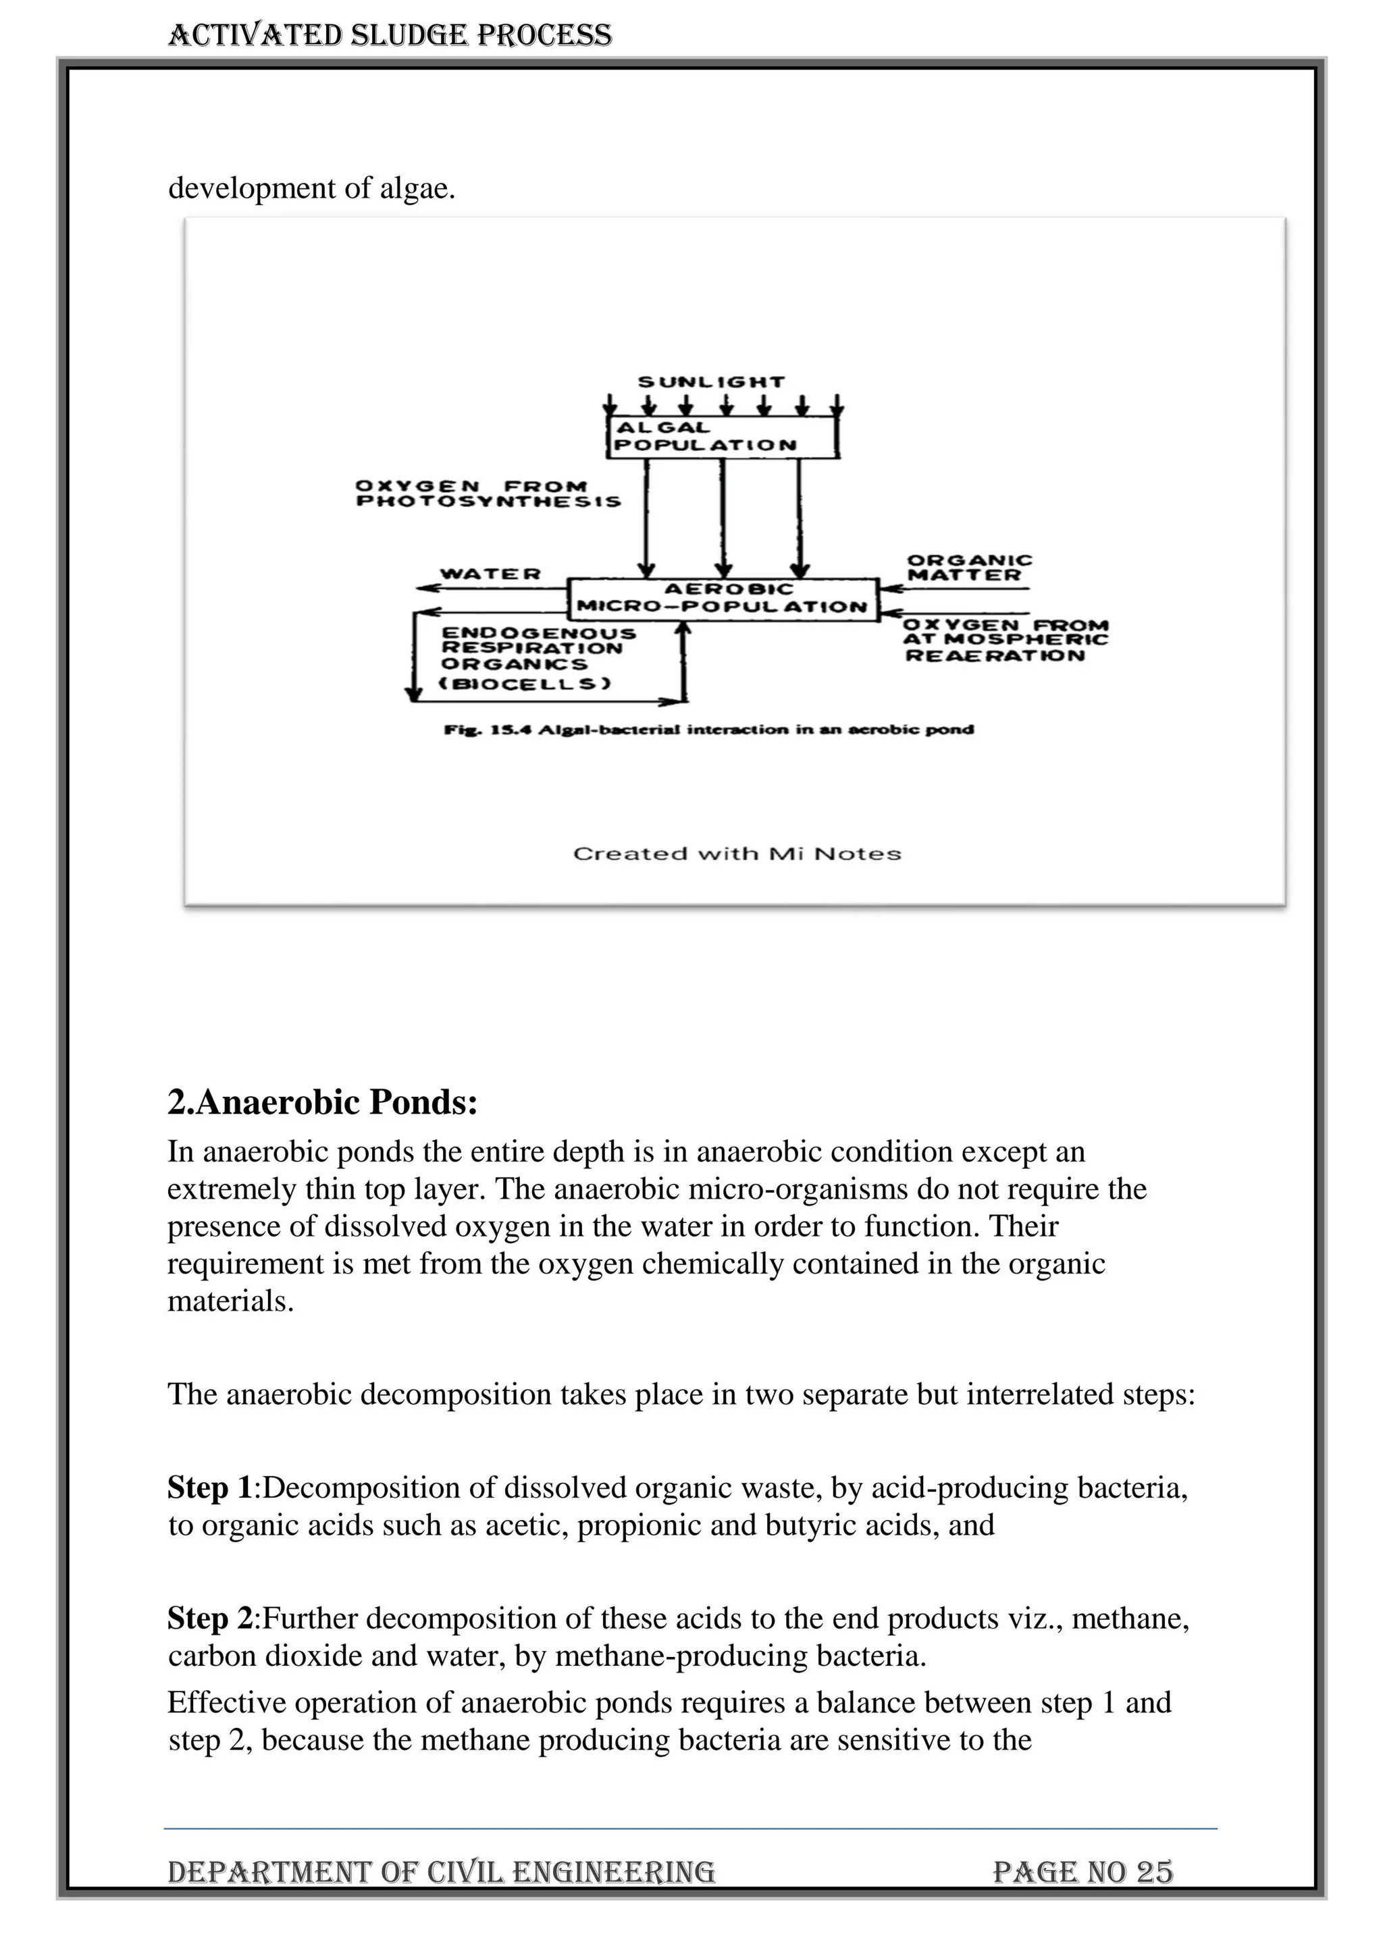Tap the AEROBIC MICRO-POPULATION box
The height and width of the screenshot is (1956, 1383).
coord(723,599)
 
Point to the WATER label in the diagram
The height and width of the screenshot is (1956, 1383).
coord(490,574)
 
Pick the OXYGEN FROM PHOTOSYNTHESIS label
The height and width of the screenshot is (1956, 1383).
coord(488,494)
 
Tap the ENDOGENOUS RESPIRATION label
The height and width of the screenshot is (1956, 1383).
coord(537,641)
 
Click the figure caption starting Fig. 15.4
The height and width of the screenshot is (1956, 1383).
coord(708,729)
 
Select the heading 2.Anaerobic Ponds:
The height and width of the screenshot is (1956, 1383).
coord(322,1102)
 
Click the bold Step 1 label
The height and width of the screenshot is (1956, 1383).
coord(209,1488)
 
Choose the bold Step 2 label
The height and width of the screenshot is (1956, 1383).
coord(209,1618)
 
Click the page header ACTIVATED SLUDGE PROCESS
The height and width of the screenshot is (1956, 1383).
coord(390,35)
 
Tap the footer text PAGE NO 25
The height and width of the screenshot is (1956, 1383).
coord(1082,1872)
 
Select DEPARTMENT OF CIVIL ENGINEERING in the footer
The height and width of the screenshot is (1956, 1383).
coord(440,1872)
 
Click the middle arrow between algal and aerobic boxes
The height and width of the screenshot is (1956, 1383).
coord(723,518)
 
